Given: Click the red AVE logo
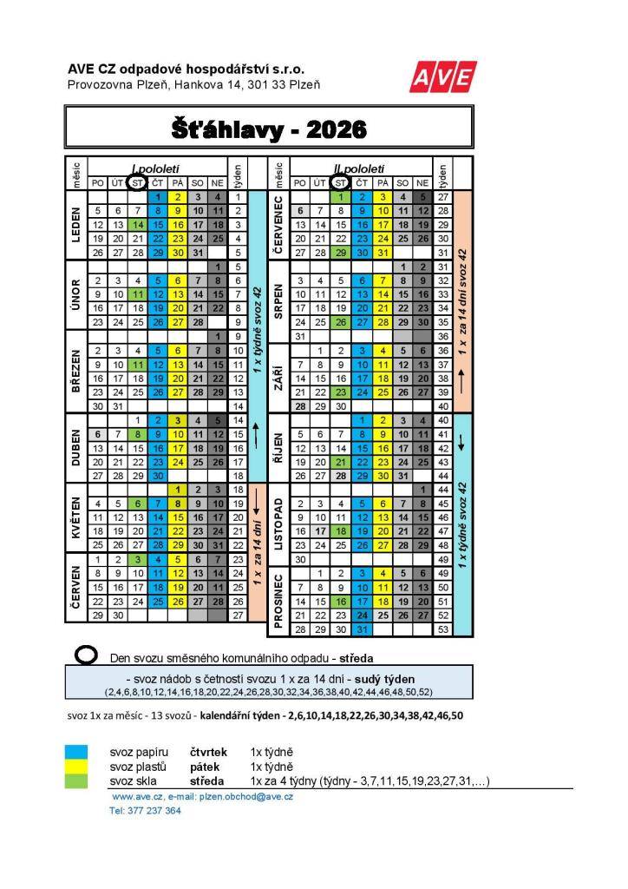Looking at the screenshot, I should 442,79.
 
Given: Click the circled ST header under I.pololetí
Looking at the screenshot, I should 136,182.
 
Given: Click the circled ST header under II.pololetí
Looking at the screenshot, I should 340,182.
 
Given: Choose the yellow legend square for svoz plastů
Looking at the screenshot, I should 77,767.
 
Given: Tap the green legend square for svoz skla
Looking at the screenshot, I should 77,781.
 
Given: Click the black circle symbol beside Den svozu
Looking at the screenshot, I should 87,657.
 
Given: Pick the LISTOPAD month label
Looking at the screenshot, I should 280,527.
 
